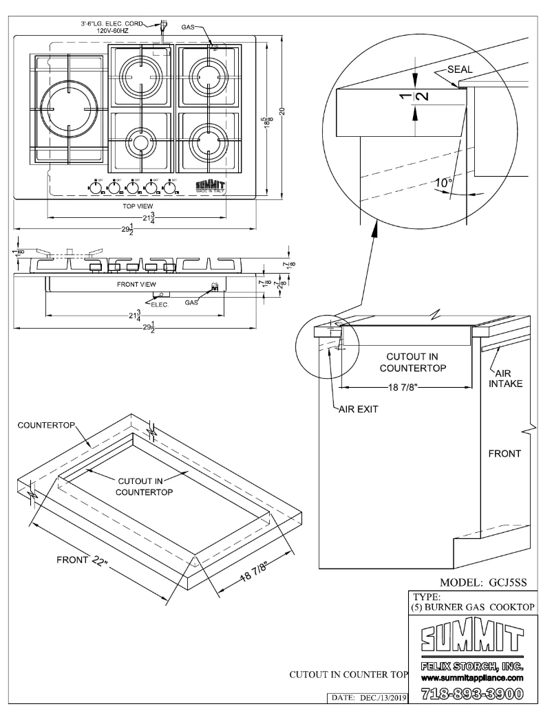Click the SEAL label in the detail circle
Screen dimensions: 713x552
(x=460, y=69)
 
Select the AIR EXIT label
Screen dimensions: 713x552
(x=358, y=408)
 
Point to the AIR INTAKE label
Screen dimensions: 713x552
(x=508, y=377)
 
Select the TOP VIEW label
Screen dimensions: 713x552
(x=137, y=205)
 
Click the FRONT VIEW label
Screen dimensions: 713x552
(x=136, y=283)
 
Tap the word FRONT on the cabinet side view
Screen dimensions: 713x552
(x=505, y=454)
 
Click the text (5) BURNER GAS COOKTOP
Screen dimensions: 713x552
(x=469, y=607)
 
